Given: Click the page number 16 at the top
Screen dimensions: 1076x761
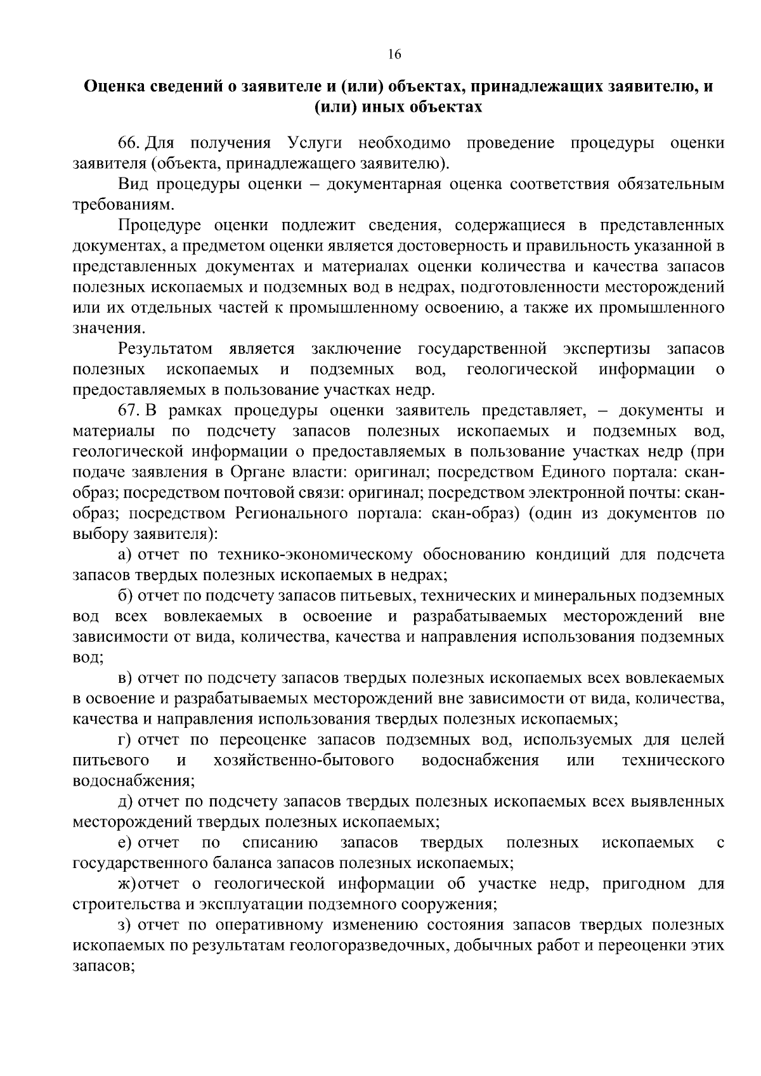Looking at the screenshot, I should click(394, 55).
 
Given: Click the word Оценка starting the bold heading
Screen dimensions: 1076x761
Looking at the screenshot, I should click(112, 86).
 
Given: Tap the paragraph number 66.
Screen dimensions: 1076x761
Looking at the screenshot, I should click(129, 143).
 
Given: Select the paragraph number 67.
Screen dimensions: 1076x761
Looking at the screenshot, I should click(129, 411).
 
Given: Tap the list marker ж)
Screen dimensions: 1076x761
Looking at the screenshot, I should click(127, 884).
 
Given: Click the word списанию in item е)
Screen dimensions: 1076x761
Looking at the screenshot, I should click(280, 843).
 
